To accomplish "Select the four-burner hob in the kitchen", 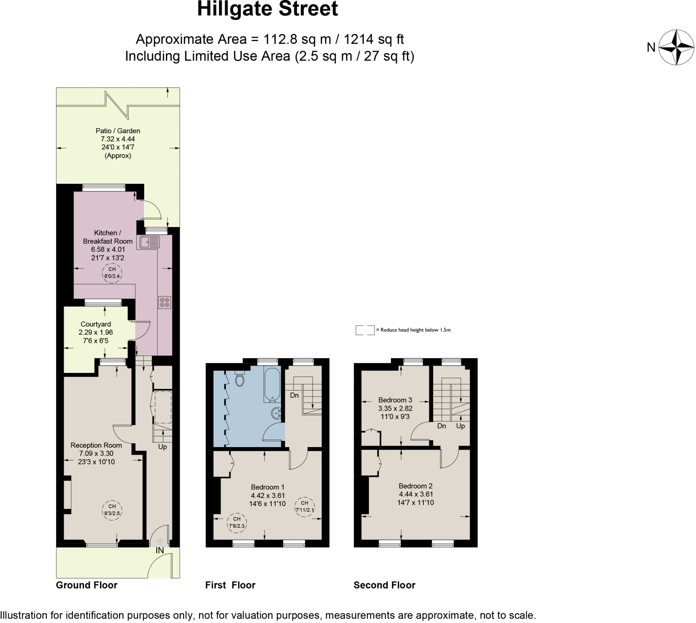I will tap(164, 302).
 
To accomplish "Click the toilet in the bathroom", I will tap(240, 379).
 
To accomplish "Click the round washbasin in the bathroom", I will tap(276, 413).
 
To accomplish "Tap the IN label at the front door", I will tap(160, 550).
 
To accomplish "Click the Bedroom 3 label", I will tap(395, 400).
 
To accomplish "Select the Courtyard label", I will tap(96, 324).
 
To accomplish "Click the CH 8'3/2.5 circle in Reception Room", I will tap(112, 510).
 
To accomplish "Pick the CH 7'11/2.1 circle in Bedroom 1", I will tap(304, 506).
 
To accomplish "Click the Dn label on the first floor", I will tap(294, 395).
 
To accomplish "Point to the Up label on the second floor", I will tap(460, 426).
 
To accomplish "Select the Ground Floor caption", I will tap(86, 585).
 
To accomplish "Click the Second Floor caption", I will tap(384, 585).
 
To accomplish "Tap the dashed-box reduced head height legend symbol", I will tap(365, 330).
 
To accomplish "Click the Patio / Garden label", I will tap(118, 131).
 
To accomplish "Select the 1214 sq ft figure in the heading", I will tap(373, 39).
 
